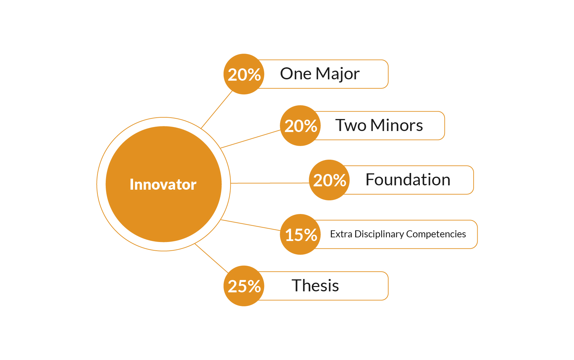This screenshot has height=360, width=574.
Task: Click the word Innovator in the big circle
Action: [163, 184]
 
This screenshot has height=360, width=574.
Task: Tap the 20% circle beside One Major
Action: [244, 74]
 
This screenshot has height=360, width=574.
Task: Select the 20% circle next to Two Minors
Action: [300, 126]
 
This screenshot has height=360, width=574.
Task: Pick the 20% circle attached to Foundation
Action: [329, 180]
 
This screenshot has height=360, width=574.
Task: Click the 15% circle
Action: [300, 234]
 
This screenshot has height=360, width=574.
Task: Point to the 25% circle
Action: [244, 286]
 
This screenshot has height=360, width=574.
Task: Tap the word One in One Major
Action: [296, 74]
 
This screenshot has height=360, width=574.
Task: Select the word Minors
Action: [397, 125]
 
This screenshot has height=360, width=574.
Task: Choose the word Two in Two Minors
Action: [351, 125]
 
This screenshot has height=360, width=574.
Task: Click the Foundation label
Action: [408, 180]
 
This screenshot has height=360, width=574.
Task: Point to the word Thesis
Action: [315, 286]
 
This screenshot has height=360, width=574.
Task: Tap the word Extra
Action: [341, 234]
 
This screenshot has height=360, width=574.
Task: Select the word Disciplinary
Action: [379, 234]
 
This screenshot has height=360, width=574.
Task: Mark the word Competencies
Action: [436, 234]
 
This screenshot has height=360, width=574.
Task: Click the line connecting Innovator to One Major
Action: [216, 110]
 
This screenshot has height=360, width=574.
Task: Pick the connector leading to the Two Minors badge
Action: [250, 139]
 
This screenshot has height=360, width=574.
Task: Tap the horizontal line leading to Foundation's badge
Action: [270, 183]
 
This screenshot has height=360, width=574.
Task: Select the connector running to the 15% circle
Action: [250, 225]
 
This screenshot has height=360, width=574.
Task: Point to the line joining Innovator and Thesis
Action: [211, 258]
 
